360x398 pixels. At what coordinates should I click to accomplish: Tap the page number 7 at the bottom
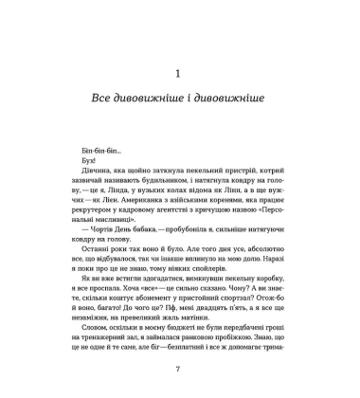(x=180, y=369)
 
